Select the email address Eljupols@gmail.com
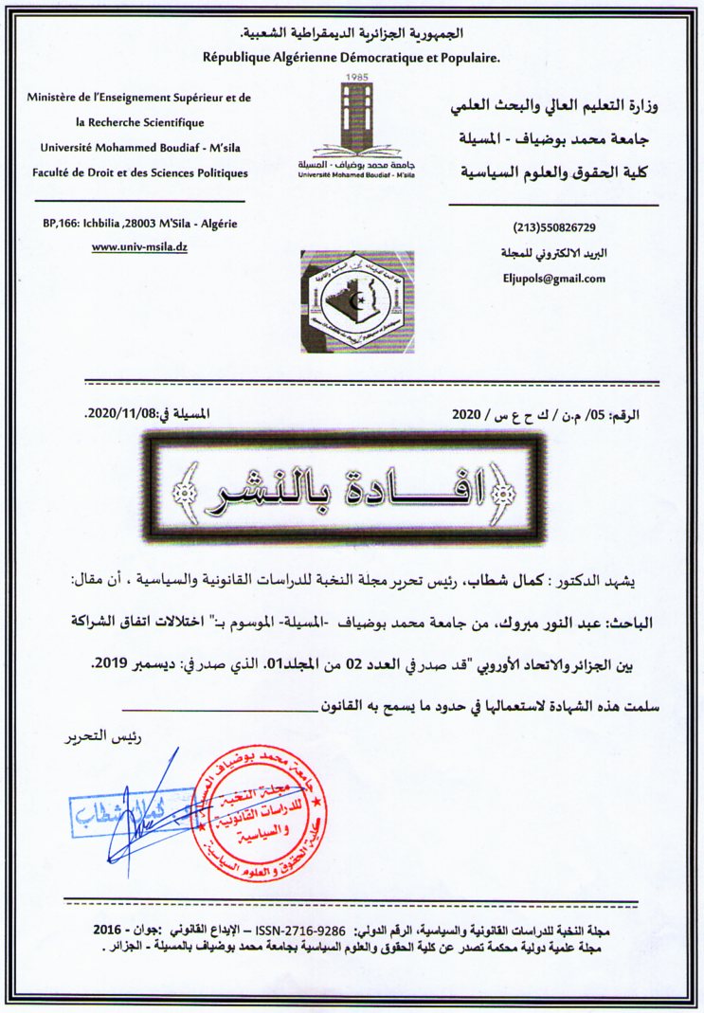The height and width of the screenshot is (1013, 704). click(555, 279)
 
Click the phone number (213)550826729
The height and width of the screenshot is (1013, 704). click(555, 228)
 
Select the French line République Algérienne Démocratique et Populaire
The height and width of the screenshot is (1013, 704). click(352, 58)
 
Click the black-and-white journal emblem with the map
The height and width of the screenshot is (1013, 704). click(356, 301)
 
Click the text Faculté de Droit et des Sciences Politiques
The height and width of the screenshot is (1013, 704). click(139, 173)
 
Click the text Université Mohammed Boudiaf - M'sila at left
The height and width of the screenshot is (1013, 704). click(138, 148)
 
